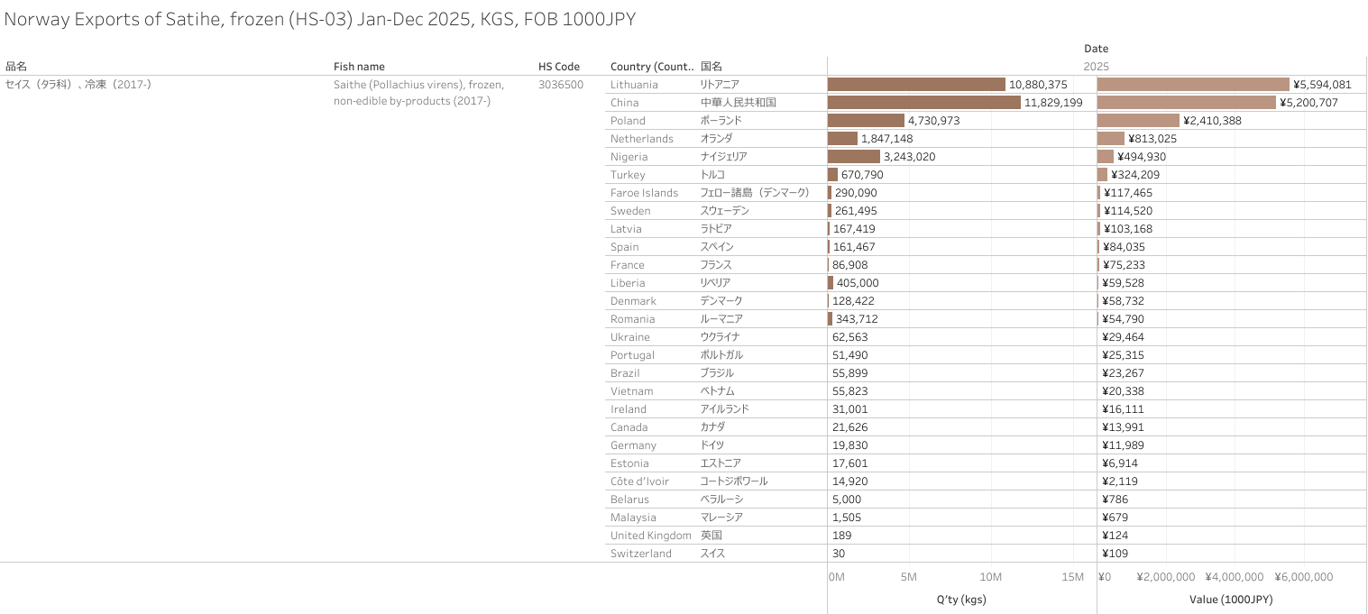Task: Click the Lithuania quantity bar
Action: point(915,84)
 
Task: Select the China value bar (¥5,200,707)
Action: point(1186,102)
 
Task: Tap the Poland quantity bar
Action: point(866,120)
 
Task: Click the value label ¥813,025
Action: point(1152,139)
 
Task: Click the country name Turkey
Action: point(628,175)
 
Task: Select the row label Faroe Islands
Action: point(644,193)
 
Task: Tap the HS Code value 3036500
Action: point(560,85)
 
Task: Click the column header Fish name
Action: point(359,67)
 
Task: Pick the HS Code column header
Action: point(559,67)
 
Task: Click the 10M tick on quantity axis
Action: point(991,577)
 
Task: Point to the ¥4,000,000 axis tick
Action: point(1235,577)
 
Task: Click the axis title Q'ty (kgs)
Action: point(962,599)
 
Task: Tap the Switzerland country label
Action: point(640,554)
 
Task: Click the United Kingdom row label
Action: point(650,536)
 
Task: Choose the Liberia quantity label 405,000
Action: point(858,283)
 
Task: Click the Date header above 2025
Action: point(1096,49)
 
